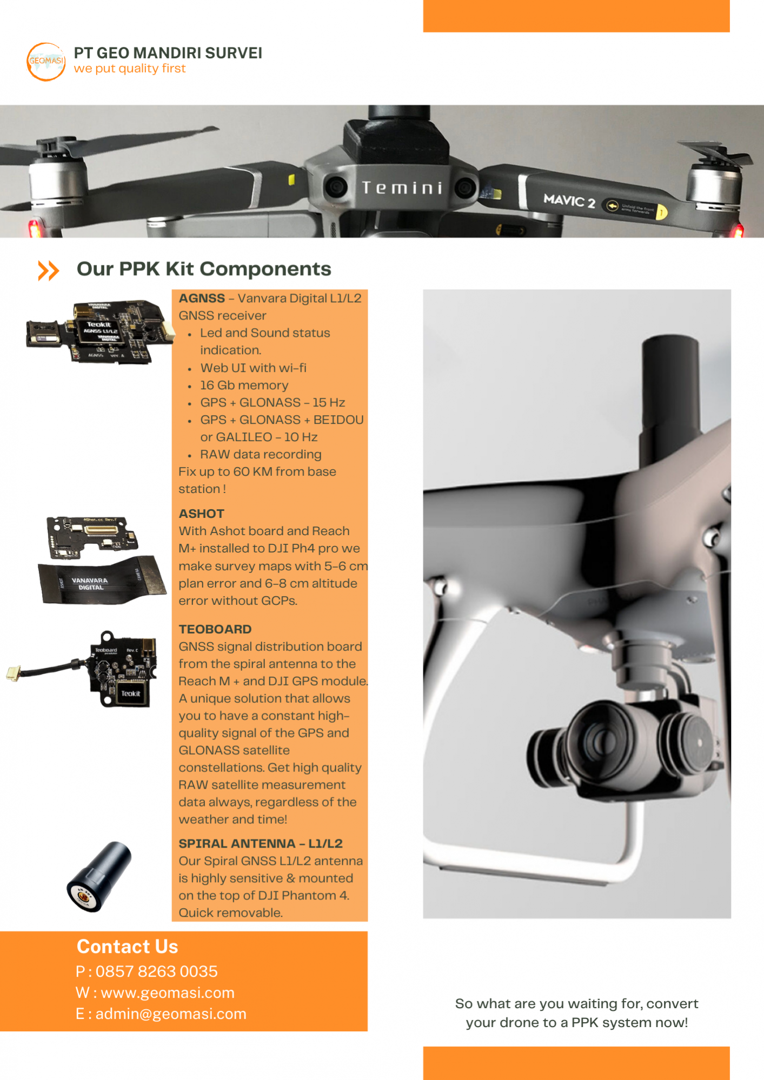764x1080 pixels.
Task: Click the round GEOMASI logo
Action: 46,62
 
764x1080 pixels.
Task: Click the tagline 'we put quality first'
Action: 130,69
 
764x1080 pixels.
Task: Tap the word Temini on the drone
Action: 402,188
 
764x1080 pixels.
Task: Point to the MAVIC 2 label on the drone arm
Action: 569,201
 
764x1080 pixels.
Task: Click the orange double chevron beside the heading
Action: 48,270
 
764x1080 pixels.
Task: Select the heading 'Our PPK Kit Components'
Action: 204,269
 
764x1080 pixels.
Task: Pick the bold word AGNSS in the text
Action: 202,298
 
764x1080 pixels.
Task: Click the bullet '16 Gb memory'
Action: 244,385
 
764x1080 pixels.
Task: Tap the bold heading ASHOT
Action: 201,514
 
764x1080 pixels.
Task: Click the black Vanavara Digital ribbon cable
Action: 102,581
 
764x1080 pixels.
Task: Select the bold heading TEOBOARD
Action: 215,629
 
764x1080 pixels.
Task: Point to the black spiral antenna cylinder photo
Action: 99,876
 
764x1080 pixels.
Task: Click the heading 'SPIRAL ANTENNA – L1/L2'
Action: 261,844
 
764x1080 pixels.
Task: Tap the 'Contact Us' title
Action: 127,946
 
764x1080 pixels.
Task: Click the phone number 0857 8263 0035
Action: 157,971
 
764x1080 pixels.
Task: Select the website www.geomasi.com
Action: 168,993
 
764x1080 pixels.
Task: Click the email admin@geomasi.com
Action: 171,1014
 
